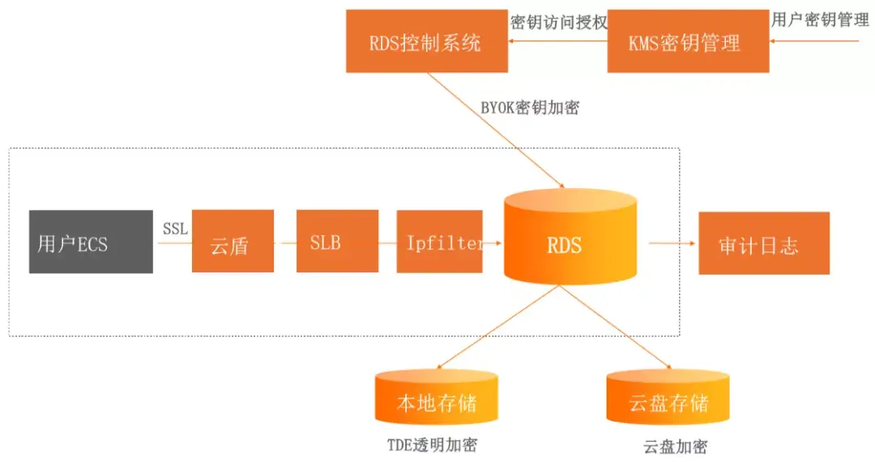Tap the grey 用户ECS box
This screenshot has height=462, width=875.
point(91,242)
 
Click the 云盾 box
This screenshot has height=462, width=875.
point(233,242)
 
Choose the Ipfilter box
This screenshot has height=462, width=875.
point(439,242)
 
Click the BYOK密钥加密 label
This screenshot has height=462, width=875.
point(530,107)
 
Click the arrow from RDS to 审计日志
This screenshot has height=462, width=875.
point(672,242)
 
